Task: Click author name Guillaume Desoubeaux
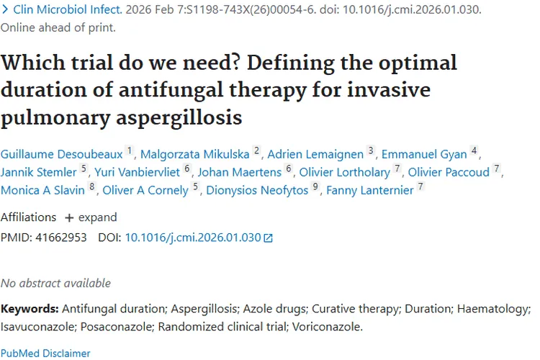pos(62,153)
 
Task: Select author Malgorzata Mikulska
pos(194,153)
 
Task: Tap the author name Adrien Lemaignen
pos(315,153)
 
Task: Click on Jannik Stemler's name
pos(38,172)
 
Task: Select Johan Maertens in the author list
pos(239,172)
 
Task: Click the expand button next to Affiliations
pos(91,217)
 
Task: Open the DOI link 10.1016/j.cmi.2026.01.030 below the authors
pos(193,237)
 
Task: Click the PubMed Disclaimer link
pos(45,354)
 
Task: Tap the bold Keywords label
pos(30,309)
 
